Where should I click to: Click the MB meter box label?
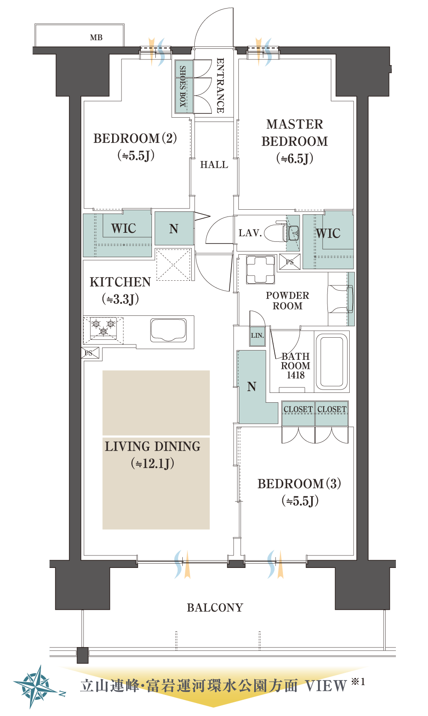[96, 37]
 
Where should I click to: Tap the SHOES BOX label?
[182, 86]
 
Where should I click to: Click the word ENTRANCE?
[220, 85]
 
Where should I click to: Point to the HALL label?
[214, 165]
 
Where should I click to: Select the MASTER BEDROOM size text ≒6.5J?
[295, 158]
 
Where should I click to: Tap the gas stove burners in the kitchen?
[103, 328]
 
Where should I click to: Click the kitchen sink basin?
[169, 330]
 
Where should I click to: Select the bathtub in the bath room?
[332, 361]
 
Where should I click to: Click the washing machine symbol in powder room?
[261, 269]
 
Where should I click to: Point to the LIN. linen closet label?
[257, 336]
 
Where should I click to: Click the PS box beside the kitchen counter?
[90, 353]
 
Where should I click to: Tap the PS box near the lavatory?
[290, 262]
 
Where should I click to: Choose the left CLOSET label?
[298, 409]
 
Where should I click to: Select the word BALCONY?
[215, 608]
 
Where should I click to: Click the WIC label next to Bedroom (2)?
[124, 228]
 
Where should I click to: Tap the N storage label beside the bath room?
[252, 387]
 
